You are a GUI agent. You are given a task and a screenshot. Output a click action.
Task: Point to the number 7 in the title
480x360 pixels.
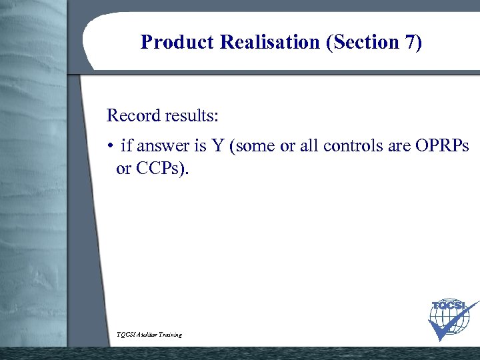click(x=410, y=42)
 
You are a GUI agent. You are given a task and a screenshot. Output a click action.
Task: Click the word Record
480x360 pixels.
click(x=133, y=115)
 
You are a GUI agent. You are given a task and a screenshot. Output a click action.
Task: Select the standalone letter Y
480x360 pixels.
click(x=216, y=147)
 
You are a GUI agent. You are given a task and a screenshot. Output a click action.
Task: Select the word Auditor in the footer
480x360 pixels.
click(x=149, y=334)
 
